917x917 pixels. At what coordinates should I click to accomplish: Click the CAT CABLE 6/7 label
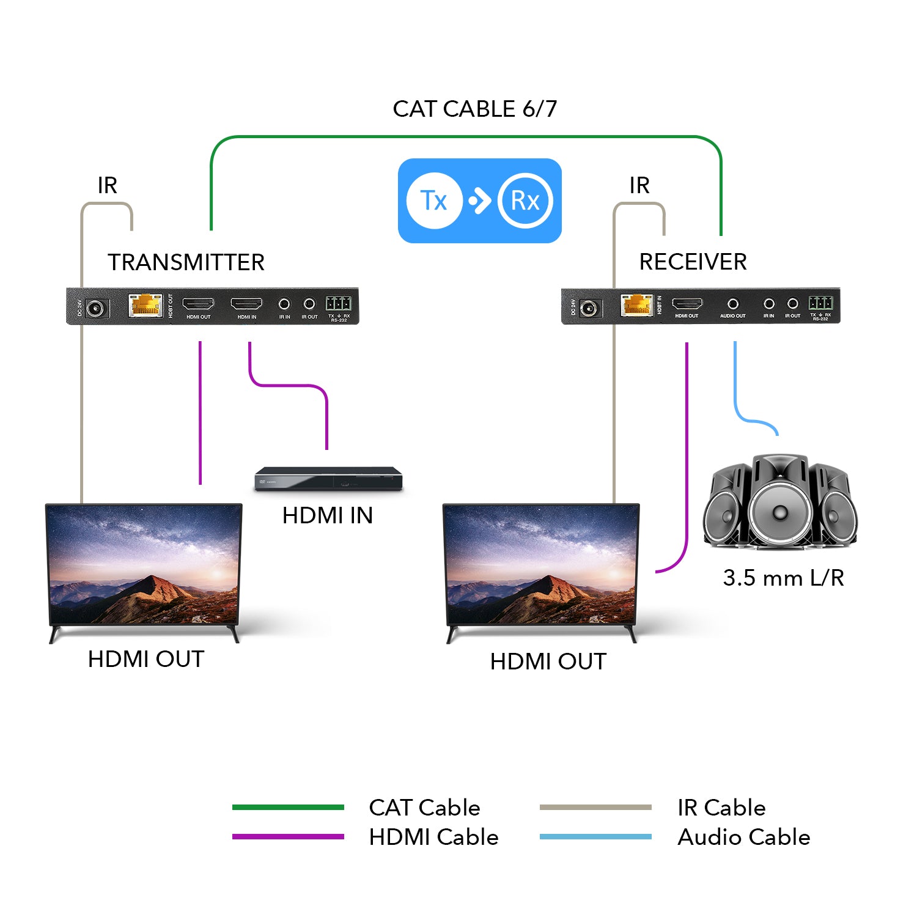(x=474, y=109)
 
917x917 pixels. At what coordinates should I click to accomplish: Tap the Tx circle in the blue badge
(x=434, y=201)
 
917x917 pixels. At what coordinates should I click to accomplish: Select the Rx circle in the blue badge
(x=525, y=201)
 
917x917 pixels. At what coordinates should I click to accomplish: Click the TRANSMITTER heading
(x=186, y=262)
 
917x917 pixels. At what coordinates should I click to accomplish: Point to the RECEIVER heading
(x=693, y=262)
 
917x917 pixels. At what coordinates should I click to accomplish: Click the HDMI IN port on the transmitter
(x=246, y=304)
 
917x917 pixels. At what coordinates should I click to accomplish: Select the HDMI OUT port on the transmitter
(x=199, y=304)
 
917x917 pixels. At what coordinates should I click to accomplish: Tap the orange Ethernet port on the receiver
(x=636, y=304)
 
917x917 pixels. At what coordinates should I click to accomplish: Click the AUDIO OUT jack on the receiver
(x=732, y=304)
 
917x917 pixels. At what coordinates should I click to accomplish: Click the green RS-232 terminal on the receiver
(x=820, y=303)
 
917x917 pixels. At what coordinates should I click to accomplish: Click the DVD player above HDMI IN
(x=329, y=478)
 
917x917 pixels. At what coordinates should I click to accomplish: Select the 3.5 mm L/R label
(x=783, y=578)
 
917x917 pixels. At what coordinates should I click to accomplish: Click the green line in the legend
(x=288, y=808)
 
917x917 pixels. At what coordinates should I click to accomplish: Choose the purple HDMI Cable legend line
(x=288, y=837)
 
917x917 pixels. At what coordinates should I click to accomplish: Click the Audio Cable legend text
(x=743, y=837)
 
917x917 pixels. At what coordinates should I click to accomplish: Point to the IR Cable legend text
(x=721, y=808)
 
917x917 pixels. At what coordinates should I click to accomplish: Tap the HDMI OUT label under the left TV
(x=146, y=659)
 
